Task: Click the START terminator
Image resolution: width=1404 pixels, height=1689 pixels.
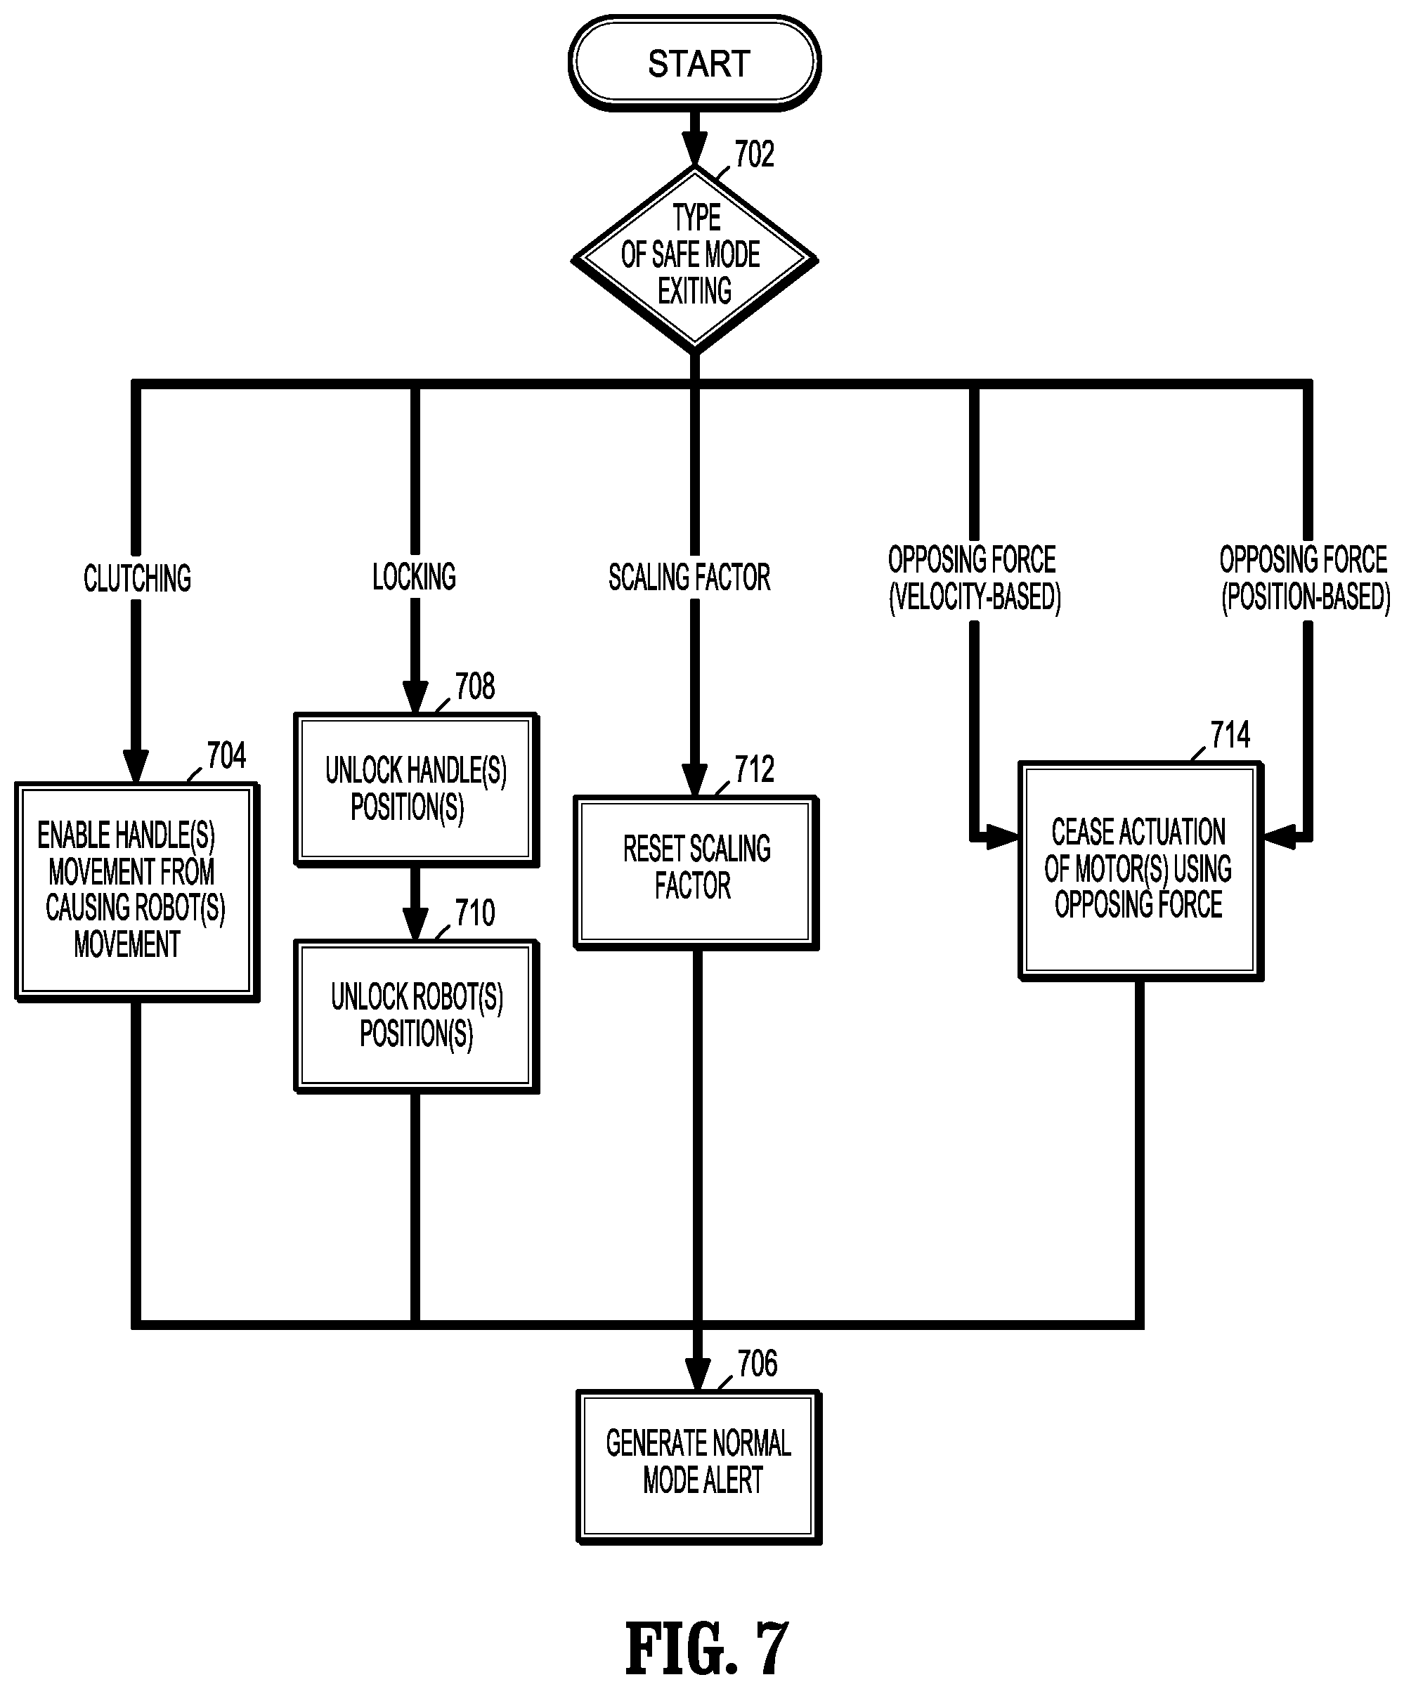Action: pos(694,62)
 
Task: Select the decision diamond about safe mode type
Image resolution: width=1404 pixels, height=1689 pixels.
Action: pos(694,259)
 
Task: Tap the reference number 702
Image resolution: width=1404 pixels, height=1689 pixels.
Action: pos(754,154)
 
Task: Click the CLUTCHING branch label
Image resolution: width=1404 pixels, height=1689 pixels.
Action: pos(138,578)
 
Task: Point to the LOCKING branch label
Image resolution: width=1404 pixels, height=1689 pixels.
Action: pos(415,577)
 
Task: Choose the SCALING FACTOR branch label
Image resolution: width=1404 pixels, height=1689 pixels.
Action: pos(689,578)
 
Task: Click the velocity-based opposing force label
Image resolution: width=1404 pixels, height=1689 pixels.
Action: pos(973,578)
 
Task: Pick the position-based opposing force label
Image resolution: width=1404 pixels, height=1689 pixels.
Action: pos(1305,578)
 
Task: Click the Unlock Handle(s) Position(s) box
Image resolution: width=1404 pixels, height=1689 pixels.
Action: pos(416,789)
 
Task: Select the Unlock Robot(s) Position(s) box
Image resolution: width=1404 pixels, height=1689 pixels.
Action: pos(416,1016)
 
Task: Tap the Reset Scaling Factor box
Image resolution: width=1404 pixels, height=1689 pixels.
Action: pos(696,873)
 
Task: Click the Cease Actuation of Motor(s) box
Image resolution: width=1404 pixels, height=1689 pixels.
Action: pos(1140,871)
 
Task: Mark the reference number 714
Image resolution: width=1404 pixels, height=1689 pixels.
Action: pos(1230,734)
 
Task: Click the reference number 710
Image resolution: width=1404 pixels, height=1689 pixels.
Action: pos(475,913)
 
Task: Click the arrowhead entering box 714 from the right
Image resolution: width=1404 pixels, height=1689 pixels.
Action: pos(1280,837)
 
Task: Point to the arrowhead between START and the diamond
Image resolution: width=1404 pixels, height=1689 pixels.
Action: pos(694,148)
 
